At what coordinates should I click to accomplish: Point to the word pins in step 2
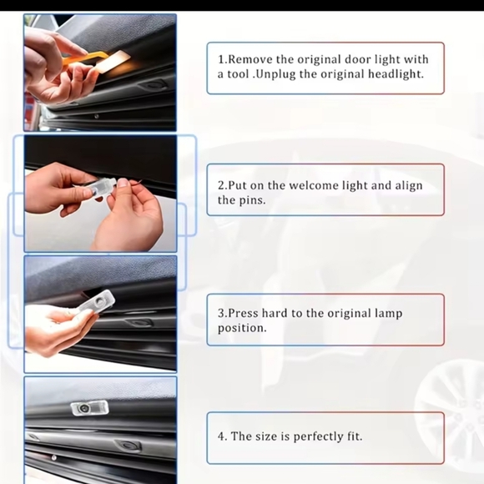click(252, 200)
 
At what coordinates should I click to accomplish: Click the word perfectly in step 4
click(309, 436)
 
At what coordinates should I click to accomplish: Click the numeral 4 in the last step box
click(221, 436)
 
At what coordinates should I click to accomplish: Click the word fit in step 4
click(352, 436)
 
